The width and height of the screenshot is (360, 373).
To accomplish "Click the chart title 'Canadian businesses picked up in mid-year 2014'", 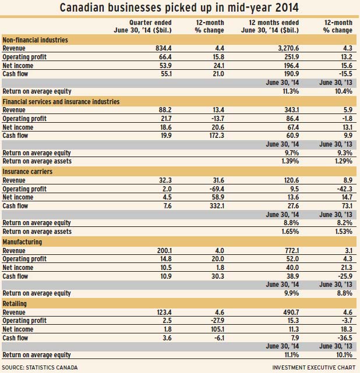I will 179,8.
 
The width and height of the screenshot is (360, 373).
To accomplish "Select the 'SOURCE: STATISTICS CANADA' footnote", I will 40,368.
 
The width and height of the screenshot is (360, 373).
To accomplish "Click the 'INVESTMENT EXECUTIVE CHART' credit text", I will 313,368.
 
